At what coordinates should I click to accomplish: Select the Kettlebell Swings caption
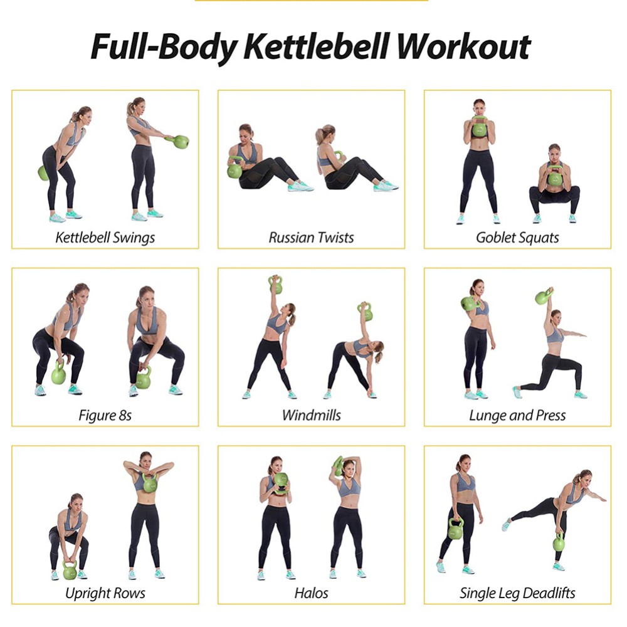pos(105,238)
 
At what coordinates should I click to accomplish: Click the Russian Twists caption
pos(311,238)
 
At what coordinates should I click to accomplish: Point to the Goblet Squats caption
pos(517,238)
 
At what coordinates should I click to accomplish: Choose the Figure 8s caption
pos(105,415)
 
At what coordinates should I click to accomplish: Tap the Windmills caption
pos(311,415)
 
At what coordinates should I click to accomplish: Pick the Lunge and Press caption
pos(517,415)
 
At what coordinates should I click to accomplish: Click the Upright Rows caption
pos(105,593)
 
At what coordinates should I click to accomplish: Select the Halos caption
pos(311,593)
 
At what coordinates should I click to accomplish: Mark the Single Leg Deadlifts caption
pos(517,593)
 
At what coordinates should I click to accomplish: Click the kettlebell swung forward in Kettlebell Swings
pos(181,142)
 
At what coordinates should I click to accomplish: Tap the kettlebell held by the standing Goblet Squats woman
pos(480,129)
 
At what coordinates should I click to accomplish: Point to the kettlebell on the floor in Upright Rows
pos(70,571)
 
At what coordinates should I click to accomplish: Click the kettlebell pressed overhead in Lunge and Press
pos(544,296)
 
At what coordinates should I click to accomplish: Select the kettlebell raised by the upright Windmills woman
pos(275,285)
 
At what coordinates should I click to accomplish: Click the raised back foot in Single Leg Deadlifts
pos(506,525)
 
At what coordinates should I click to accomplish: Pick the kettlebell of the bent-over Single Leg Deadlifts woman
pos(559,542)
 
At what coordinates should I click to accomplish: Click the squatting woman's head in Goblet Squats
pos(554,152)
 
